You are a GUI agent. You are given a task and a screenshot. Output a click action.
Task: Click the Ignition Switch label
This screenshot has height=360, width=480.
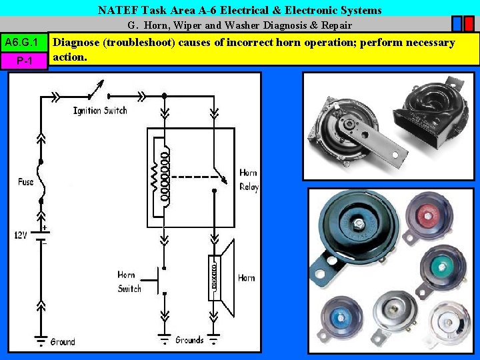pyautogui.click(x=100, y=110)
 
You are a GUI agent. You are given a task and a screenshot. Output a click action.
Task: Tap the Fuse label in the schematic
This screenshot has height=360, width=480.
pyautogui.click(x=25, y=181)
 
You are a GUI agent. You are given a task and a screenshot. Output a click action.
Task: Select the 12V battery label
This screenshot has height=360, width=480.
pyautogui.click(x=21, y=235)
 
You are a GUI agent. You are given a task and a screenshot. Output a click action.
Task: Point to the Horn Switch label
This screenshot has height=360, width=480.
pyautogui.click(x=129, y=281)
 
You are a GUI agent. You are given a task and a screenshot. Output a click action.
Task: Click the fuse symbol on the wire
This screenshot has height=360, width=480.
pyautogui.click(x=41, y=181)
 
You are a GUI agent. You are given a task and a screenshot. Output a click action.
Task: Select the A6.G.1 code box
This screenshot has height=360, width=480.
pyautogui.click(x=24, y=43)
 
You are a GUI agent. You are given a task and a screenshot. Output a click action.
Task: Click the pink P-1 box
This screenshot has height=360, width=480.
pyautogui.click(x=24, y=61)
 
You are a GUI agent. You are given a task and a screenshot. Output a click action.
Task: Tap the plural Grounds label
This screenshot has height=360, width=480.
pyautogui.click(x=189, y=340)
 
